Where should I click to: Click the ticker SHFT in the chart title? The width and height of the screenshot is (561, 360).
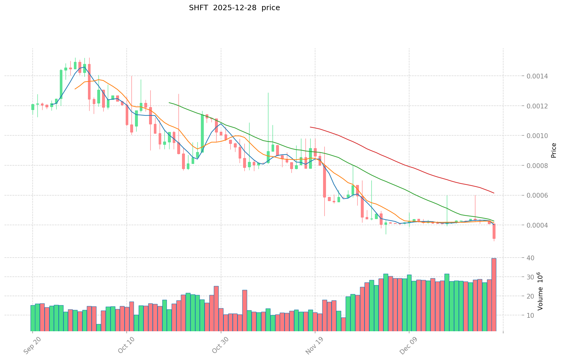(199, 8)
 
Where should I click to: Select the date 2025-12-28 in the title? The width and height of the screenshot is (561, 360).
(235, 8)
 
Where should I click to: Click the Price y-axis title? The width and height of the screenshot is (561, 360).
(554, 150)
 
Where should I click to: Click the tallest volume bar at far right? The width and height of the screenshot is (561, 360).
(494, 294)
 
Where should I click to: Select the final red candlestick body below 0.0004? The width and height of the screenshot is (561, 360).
(494, 231)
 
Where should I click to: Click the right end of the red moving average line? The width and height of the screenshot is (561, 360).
(494, 193)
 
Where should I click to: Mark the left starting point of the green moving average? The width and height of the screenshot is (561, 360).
(169, 102)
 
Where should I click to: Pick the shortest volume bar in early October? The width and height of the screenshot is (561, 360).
(99, 327)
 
